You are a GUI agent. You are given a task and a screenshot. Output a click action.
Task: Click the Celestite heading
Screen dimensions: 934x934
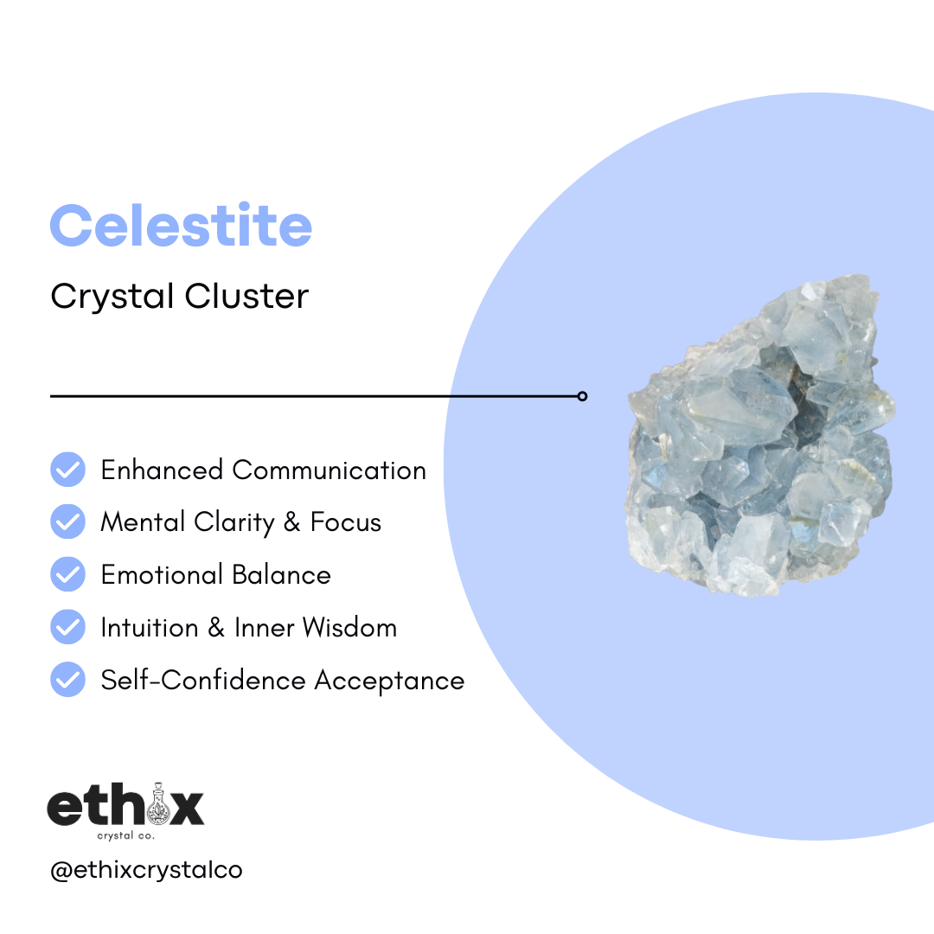pyautogui.click(x=181, y=225)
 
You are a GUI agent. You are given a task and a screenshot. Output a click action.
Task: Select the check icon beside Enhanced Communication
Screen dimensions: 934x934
pyautogui.click(x=67, y=470)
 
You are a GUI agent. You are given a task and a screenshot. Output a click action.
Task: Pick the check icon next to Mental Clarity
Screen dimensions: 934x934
pyautogui.click(x=67, y=522)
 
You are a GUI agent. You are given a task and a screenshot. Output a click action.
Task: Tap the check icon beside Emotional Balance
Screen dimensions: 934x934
pyautogui.click(x=67, y=574)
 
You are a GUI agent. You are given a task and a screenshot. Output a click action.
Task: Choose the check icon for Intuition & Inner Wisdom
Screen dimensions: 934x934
pyautogui.click(x=67, y=627)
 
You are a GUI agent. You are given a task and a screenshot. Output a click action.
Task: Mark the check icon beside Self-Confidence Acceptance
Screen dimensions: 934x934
pyautogui.click(x=67, y=680)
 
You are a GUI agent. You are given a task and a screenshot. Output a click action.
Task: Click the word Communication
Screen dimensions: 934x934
pyautogui.click(x=329, y=470)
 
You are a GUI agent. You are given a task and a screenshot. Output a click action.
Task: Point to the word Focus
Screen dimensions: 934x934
pyautogui.click(x=346, y=522)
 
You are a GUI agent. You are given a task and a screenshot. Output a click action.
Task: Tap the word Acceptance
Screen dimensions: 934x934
pyautogui.click(x=389, y=680)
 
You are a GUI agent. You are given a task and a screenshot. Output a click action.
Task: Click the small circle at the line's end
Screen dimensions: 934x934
pyautogui.click(x=582, y=396)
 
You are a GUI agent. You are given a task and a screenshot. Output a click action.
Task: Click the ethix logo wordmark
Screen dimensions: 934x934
pyautogui.click(x=125, y=807)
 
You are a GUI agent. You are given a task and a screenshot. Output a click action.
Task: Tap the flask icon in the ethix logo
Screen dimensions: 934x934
pyautogui.click(x=157, y=803)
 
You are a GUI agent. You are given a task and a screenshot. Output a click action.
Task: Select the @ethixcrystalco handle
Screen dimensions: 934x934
pyautogui.click(x=146, y=870)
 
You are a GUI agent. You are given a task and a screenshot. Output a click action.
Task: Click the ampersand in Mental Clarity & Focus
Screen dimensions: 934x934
pyautogui.click(x=290, y=522)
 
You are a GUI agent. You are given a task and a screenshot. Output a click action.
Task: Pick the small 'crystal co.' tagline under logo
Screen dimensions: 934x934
pyautogui.click(x=125, y=835)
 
